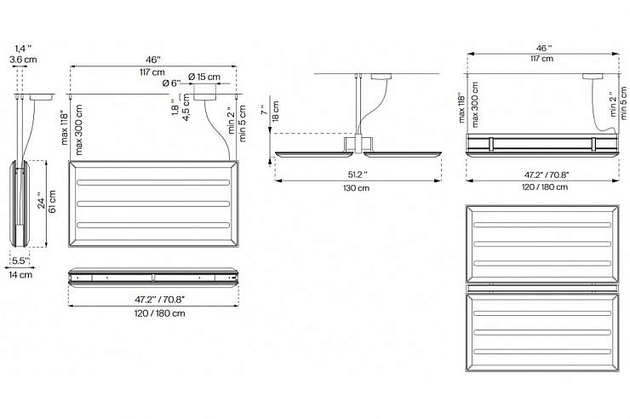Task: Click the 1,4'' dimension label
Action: point(23,49)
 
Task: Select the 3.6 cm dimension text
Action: point(23,60)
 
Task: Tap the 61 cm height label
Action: point(52,201)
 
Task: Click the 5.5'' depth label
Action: point(20,261)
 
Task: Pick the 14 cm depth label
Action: point(20,275)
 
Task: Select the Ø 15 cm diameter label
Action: point(204,77)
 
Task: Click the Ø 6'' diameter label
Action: point(172,83)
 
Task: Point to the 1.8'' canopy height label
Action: point(175,107)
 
